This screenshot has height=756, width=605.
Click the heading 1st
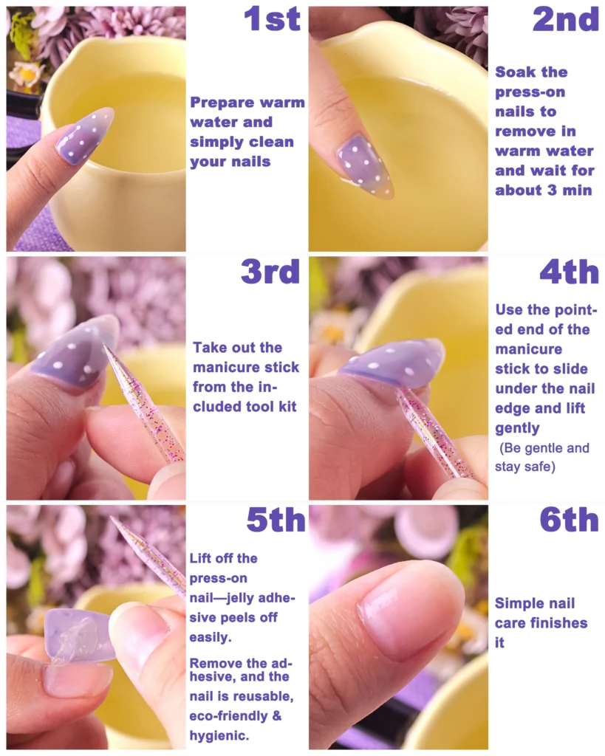[272, 19]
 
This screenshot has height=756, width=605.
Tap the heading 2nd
[565, 19]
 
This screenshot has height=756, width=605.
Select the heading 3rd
[270, 272]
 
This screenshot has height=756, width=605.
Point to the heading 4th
[570, 272]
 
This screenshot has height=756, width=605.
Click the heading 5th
[276, 520]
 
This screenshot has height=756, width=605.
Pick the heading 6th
[570, 520]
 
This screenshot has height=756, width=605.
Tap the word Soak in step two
[514, 72]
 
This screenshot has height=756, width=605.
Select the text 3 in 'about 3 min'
[552, 190]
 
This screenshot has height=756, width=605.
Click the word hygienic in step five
[219, 736]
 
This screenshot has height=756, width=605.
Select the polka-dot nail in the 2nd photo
[366, 166]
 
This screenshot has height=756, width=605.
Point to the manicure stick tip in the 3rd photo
[105, 346]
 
